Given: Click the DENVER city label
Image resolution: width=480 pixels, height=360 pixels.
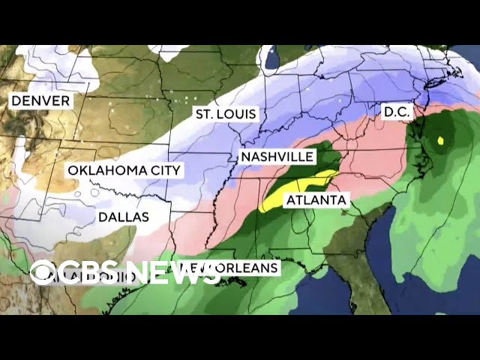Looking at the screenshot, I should coord(40,100).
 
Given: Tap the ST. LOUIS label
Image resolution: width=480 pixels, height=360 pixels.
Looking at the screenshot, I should coord(226,114).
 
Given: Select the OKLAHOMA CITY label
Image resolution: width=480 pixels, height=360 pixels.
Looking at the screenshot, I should coord(124,170).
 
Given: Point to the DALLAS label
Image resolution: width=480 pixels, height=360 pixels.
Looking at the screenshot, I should coord(123,217).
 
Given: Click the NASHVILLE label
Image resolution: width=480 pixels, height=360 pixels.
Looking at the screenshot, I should coord(276,157).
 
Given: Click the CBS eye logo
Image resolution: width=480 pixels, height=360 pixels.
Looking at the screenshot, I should coord(43,272).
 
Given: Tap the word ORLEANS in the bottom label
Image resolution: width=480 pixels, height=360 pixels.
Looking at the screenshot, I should coord(251,267).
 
